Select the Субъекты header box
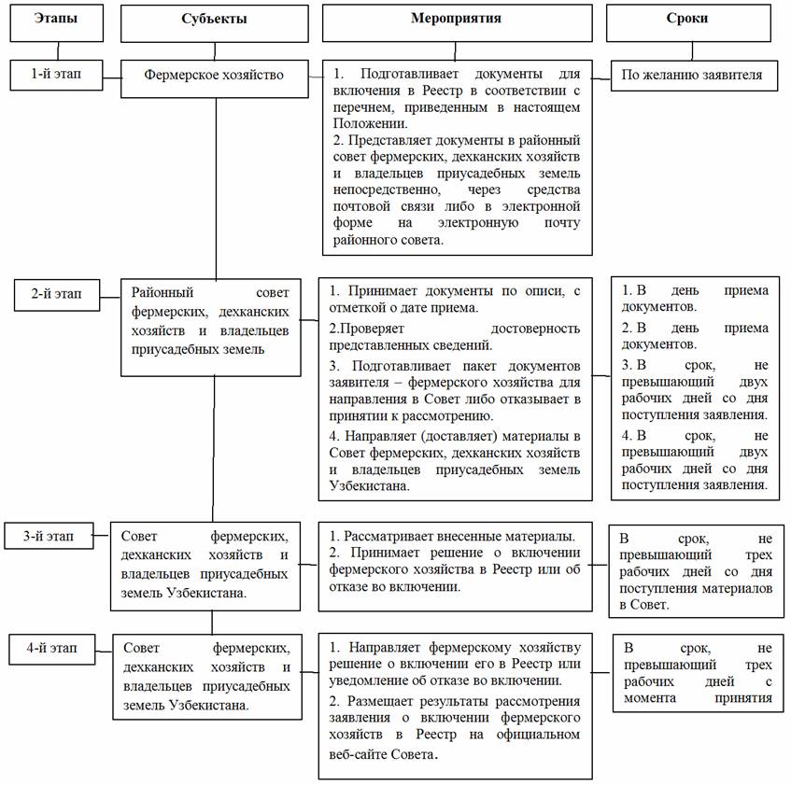coord(215,20)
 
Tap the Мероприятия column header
coord(458,20)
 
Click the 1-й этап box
coord(57,74)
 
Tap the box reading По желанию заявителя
coord(694,76)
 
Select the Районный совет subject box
coord(210,327)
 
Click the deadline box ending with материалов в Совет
coord(695,571)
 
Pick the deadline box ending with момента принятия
coord(698,672)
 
